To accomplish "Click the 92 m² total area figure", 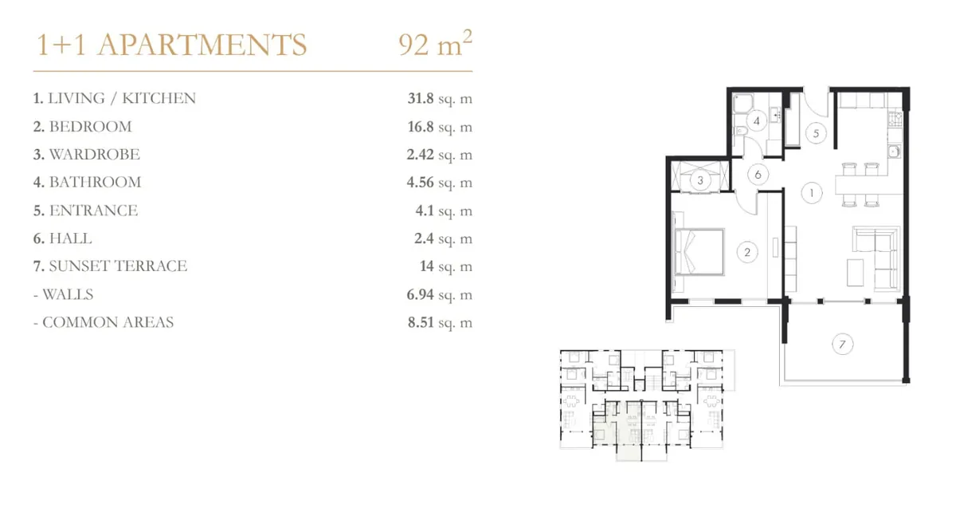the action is coord(435,43).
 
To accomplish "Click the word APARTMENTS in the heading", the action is coord(202,45).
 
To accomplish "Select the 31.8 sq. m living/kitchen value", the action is coord(440,99).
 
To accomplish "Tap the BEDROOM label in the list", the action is coord(91,127).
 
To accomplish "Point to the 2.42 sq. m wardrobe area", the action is coord(440,155).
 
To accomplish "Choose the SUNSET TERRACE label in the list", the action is coord(118,266).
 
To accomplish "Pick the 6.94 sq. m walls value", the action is coord(440,295).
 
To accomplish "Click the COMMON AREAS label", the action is coord(108,322).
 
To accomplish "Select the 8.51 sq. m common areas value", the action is coord(440,322).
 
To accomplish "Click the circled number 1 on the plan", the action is coord(811,193).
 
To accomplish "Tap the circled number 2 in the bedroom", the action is coord(747,252).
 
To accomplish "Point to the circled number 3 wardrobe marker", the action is coord(700,180).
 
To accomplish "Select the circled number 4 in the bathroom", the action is coord(756,121).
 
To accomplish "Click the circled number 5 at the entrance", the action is coord(816,133).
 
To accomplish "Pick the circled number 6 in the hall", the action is coord(758,175).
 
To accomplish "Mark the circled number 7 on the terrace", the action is coord(842,345).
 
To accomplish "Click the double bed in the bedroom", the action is coord(699,252).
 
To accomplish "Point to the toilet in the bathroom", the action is coord(740,131).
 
